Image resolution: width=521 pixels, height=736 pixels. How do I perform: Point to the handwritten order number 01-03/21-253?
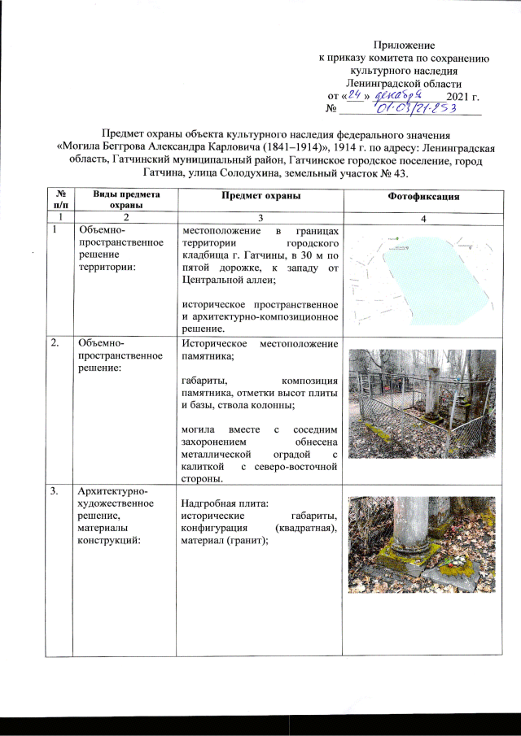pyautogui.click(x=415, y=109)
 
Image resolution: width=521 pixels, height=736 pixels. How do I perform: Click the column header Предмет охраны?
pyautogui.click(x=260, y=198)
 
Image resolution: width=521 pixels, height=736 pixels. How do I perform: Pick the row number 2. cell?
pyautogui.click(x=56, y=343)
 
